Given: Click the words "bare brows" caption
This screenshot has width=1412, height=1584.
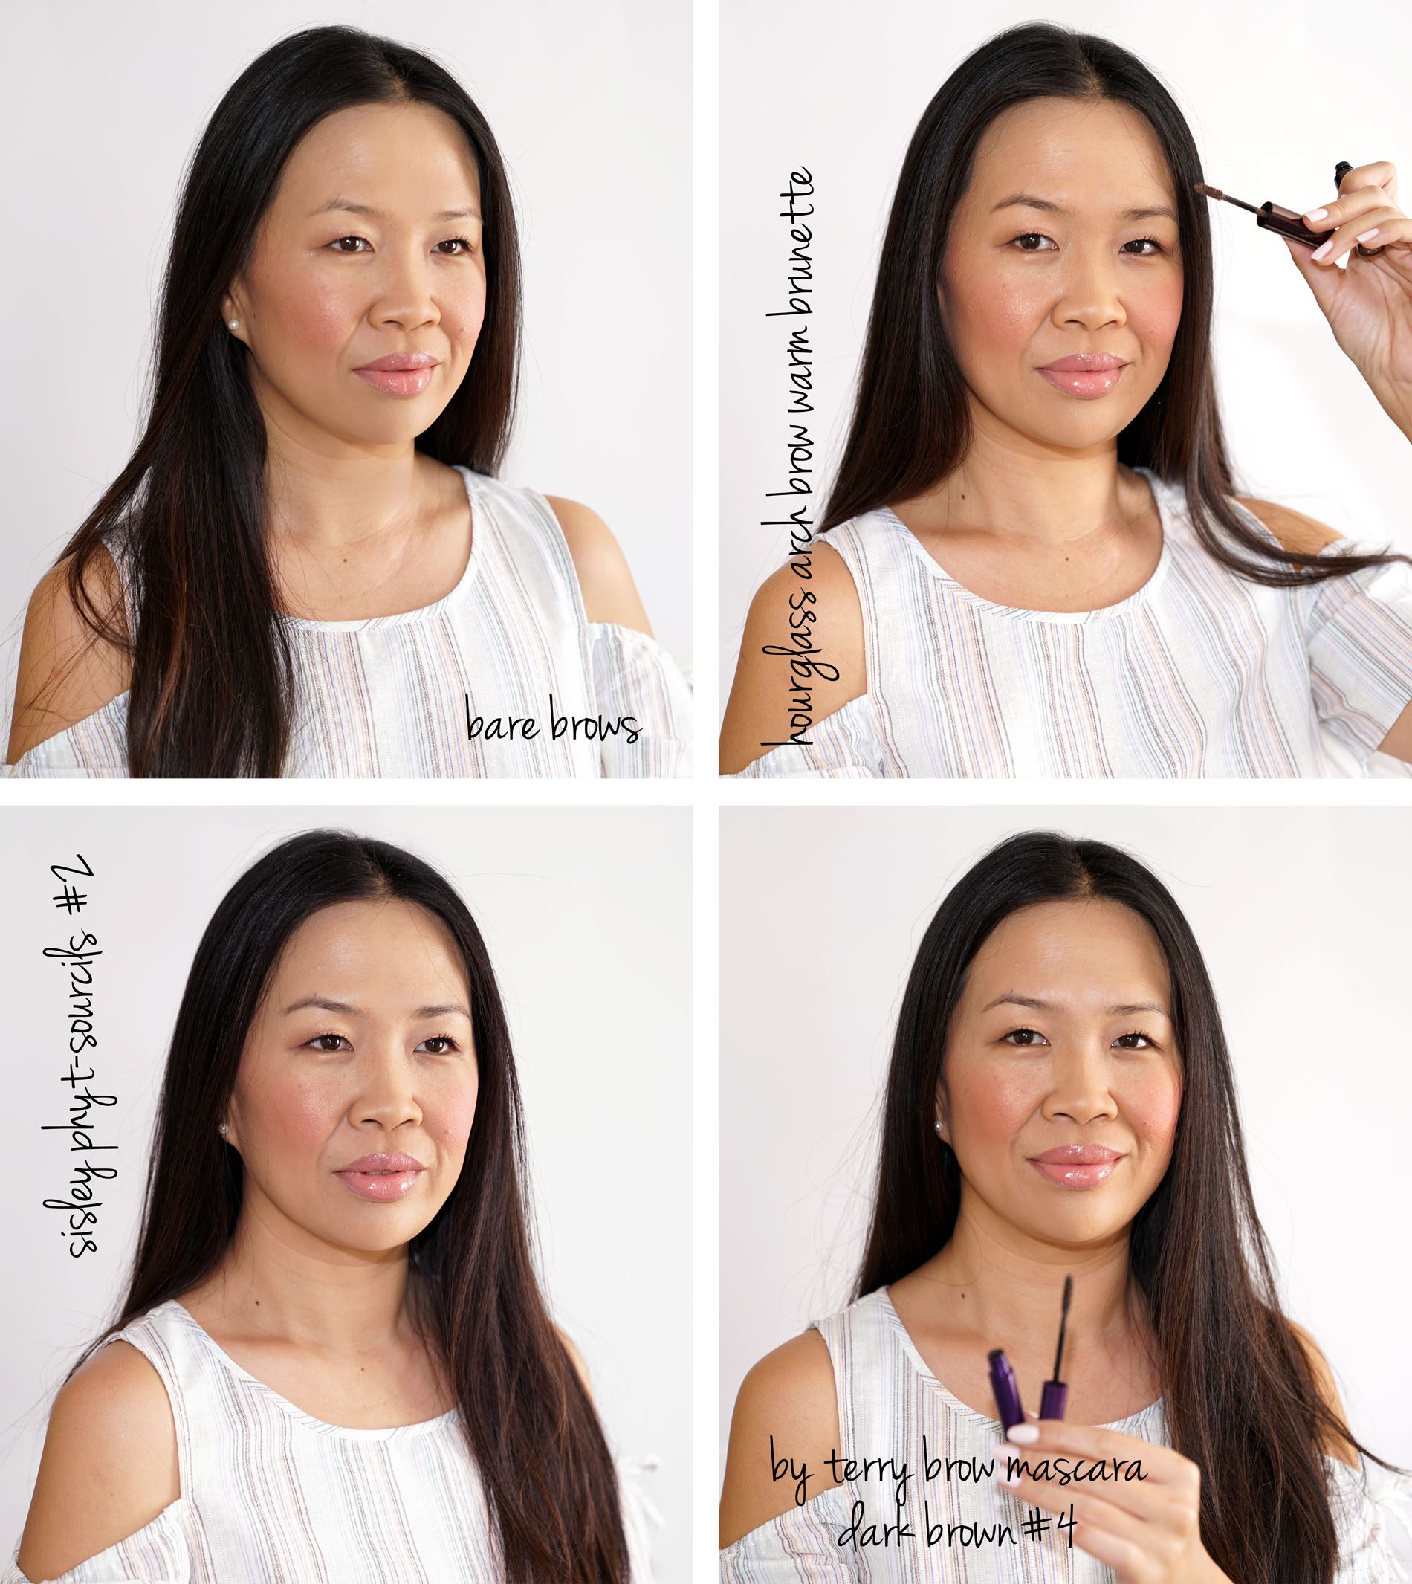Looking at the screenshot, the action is (552, 720).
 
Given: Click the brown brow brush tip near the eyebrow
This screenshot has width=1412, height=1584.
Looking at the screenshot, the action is (1214, 192).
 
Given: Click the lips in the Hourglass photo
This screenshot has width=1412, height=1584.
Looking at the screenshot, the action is (1081, 374).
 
